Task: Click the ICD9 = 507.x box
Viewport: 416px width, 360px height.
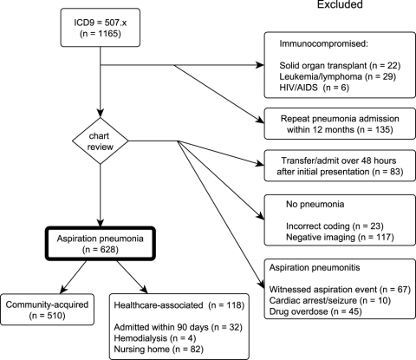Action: [x=101, y=28]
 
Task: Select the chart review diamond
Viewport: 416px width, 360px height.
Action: [x=101, y=141]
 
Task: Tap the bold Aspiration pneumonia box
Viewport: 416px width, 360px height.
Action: [x=101, y=244]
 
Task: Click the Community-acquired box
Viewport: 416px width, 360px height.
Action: [x=47, y=310]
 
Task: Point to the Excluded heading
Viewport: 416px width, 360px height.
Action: [x=340, y=4]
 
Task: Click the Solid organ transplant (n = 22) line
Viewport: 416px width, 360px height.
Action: [x=340, y=66]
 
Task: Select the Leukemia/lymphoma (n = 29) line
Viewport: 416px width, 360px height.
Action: [x=337, y=76]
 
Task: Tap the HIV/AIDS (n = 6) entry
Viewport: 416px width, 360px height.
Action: [x=314, y=88]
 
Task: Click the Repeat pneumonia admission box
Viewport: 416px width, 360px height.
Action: [x=340, y=124]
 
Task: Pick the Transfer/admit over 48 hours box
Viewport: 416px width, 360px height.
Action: [x=340, y=166]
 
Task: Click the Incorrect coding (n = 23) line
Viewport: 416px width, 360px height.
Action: [x=335, y=226]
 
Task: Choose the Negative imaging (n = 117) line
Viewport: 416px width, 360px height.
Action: [x=340, y=237]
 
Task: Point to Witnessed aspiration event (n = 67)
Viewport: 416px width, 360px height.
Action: [x=340, y=290]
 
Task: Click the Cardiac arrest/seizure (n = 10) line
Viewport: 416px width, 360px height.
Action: [x=330, y=300]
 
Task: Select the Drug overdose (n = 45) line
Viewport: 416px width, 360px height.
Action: [x=315, y=311]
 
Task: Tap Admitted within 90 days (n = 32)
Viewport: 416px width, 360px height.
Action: [x=178, y=327]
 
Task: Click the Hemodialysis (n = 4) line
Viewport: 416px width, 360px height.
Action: [x=155, y=338]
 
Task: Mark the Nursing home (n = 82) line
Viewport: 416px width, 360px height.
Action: [x=159, y=349]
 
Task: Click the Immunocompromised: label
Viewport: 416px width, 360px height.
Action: [x=323, y=43]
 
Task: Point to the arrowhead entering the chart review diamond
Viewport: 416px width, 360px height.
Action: [x=101, y=114]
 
